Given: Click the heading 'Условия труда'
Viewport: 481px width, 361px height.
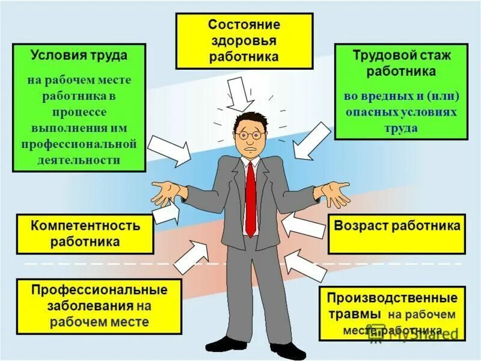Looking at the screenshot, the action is click(79, 55).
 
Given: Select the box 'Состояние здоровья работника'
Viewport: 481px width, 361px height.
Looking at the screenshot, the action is click(244, 41).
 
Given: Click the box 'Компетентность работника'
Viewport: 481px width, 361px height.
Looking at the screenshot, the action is click(85, 233).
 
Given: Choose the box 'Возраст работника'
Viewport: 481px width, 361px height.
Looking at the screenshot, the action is click(397, 227).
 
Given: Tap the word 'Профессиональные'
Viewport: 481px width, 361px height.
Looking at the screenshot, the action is click(99, 290).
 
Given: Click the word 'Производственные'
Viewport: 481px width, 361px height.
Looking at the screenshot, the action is click(392, 298).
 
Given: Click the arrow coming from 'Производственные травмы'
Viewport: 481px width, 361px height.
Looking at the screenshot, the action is click(305, 266).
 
